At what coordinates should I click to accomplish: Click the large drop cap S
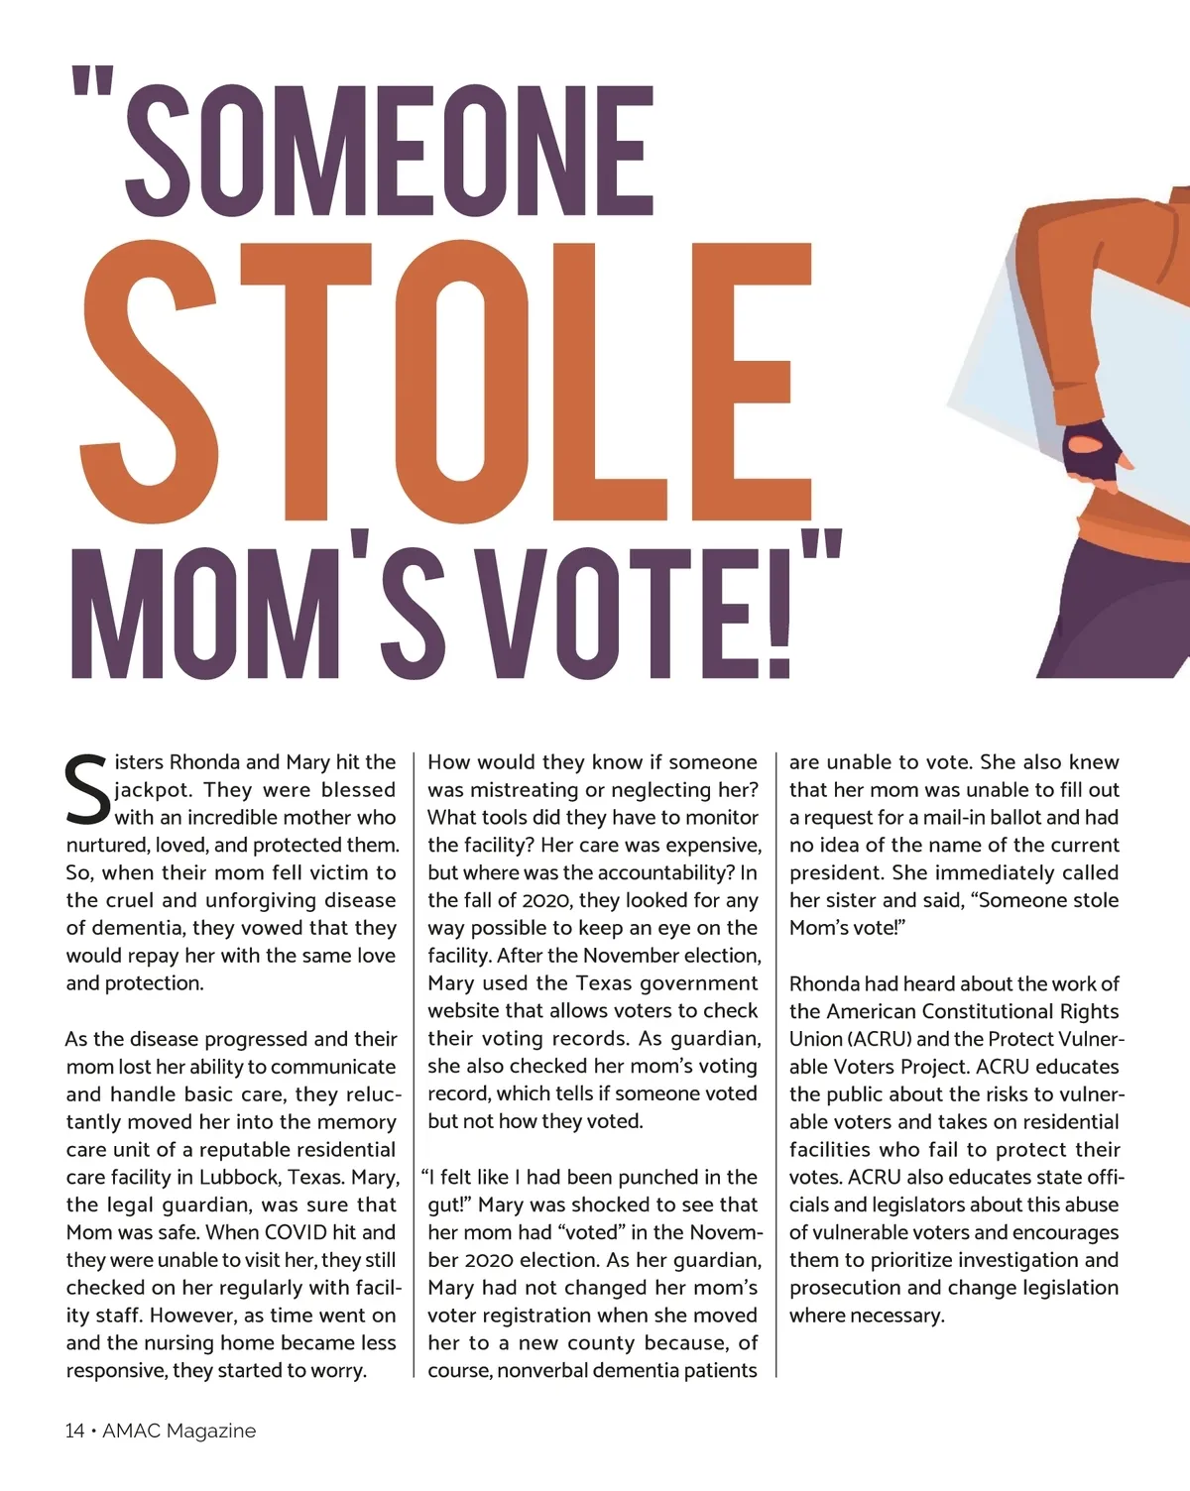87,791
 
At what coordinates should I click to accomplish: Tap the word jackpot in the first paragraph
154,790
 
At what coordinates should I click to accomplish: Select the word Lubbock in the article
245,1177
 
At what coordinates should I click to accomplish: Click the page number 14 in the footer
75,1431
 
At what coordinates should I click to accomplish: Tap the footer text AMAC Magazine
179,1431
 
